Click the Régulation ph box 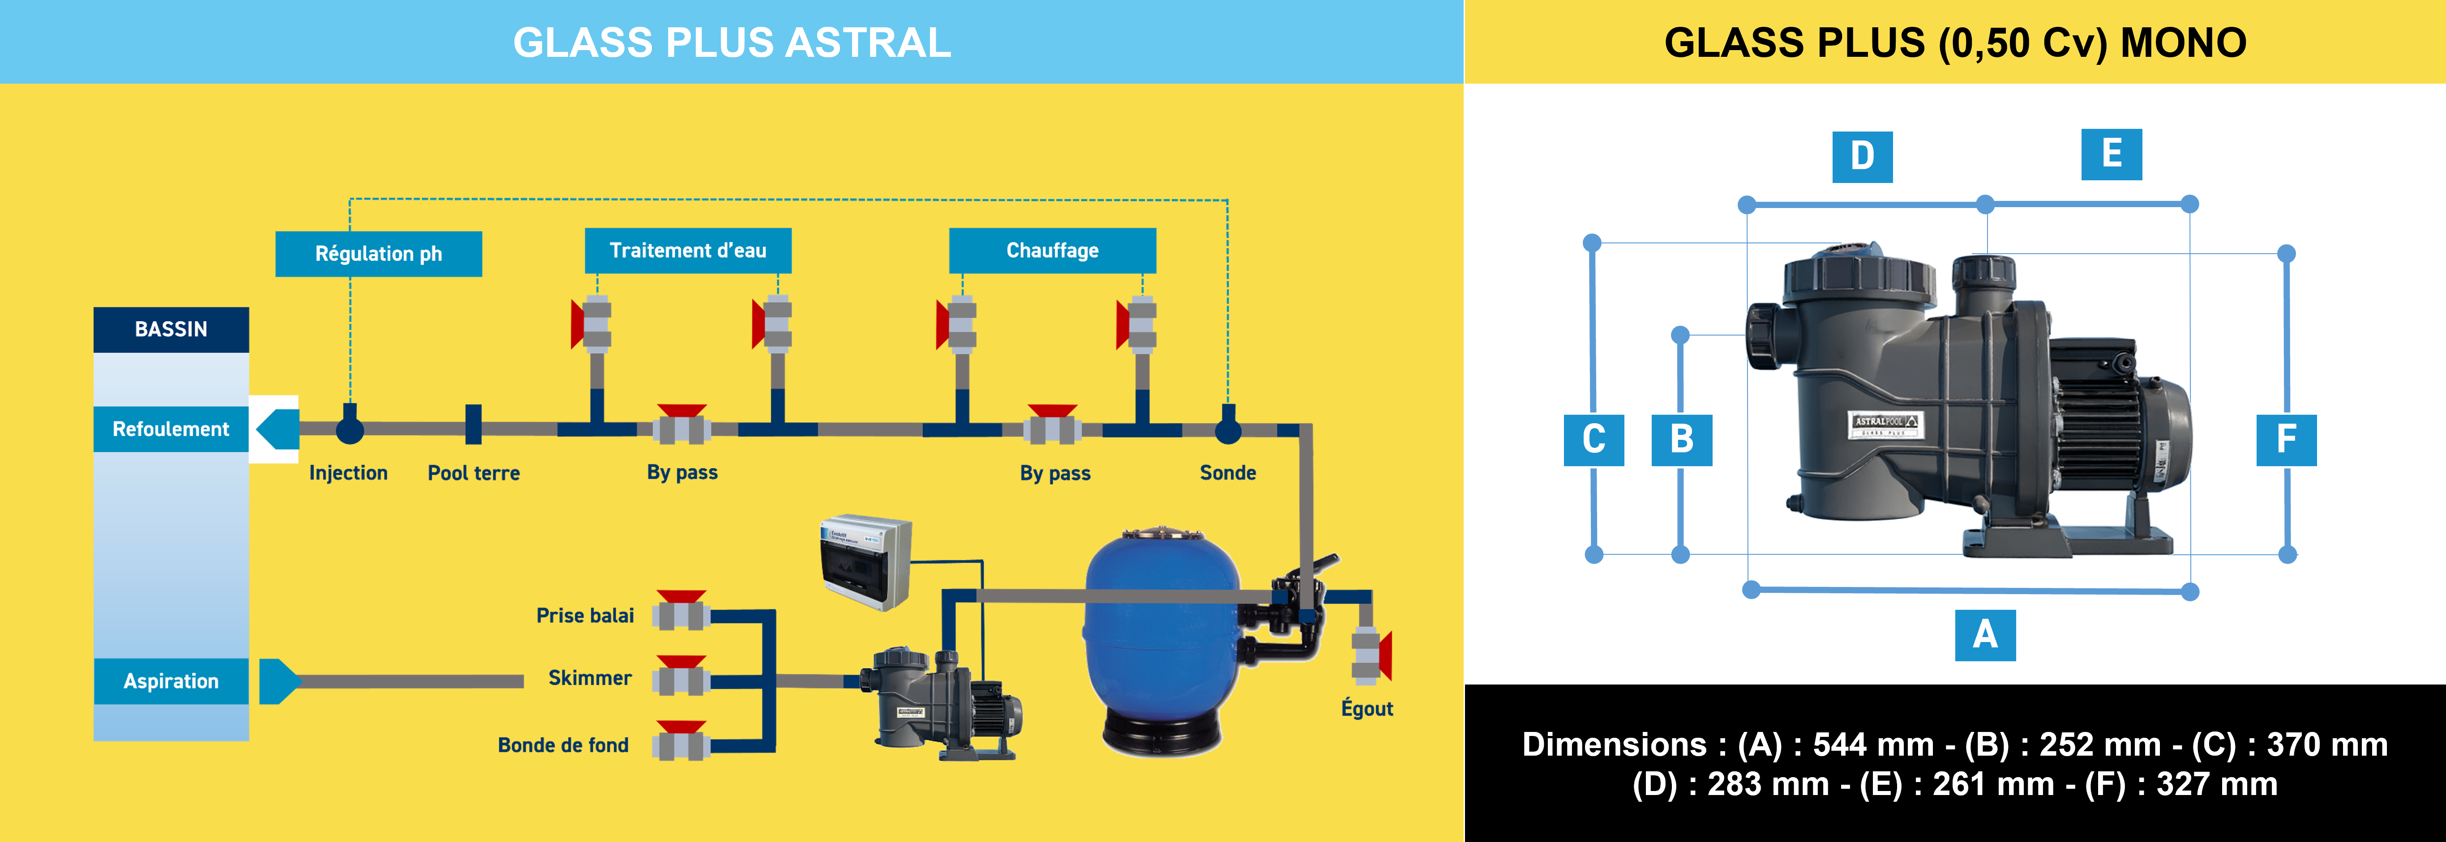[x=378, y=254]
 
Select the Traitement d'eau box [x=687, y=251]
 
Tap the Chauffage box [x=1052, y=251]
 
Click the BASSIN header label [x=171, y=329]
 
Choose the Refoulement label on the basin [x=171, y=429]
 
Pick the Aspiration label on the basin [x=171, y=680]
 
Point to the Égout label [x=1367, y=708]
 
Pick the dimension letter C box [x=1594, y=439]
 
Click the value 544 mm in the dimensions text [x=1872, y=744]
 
